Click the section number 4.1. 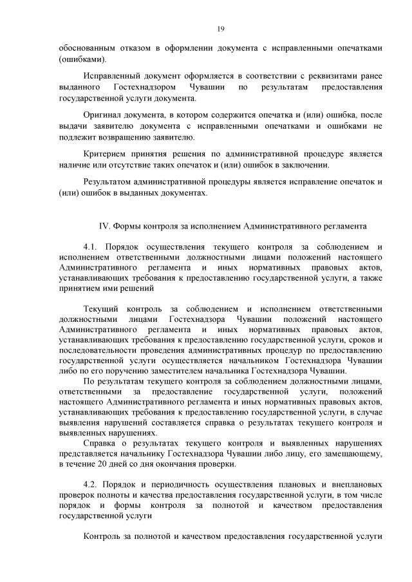click(92, 247)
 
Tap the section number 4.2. click(92, 482)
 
